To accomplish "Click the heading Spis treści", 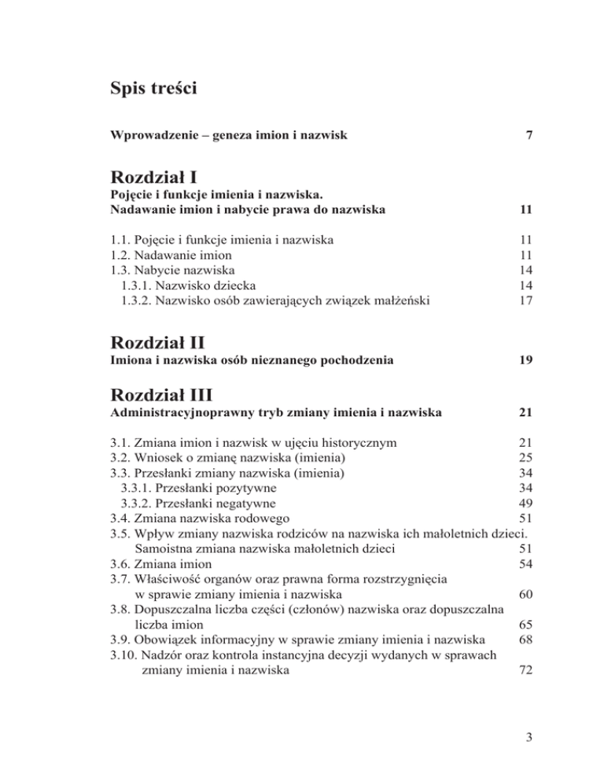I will pos(153,87).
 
